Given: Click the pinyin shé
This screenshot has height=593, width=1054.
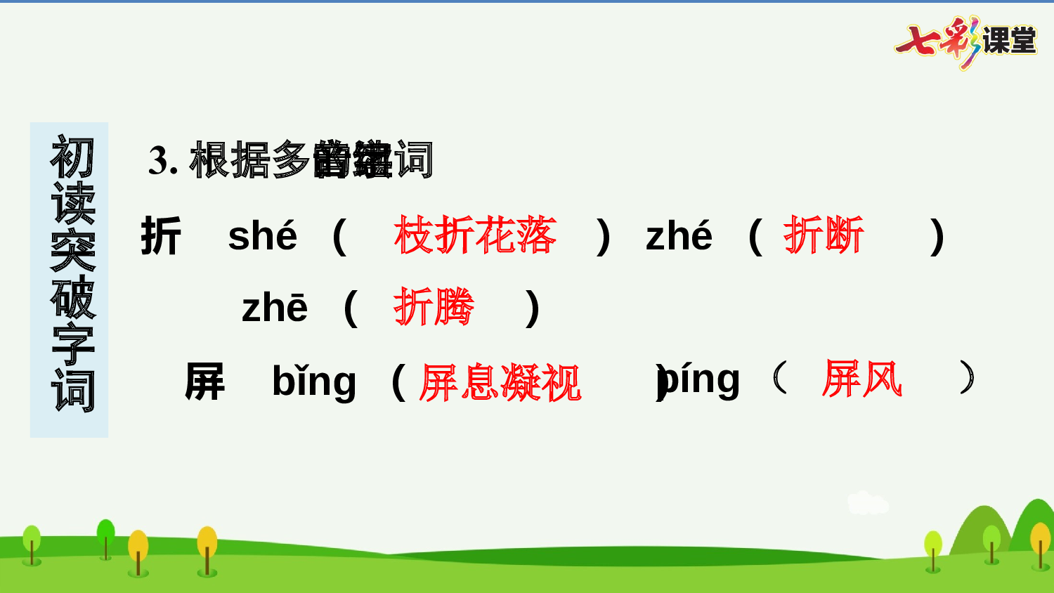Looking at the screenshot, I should (x=263, y=236).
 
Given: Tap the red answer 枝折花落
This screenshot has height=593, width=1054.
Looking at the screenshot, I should (x=476, y=235).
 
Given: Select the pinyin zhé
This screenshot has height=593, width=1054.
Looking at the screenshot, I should (x=679, y=236).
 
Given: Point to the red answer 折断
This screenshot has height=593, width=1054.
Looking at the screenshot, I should (x=824, y=235).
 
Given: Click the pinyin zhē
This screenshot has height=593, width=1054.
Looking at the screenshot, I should (x=275, y=308).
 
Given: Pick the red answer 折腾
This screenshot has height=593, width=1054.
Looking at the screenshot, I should (x=434, y=307).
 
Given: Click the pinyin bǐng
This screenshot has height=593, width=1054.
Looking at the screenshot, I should (x=314, y=382).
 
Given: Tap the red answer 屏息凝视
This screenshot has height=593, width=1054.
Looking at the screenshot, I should (x=500, y=383).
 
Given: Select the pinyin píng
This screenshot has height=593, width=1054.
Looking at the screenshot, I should (x=701, y=380).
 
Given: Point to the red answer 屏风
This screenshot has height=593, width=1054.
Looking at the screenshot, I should (x=862, y=379).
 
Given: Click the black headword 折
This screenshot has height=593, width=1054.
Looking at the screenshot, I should (x=161, y=236).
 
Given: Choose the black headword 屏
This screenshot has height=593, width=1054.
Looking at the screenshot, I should (x=204, y=382).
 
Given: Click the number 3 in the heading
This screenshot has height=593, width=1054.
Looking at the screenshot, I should (x=159, y=161).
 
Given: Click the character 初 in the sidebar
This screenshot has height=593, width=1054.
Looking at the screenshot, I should (x=72, y=157).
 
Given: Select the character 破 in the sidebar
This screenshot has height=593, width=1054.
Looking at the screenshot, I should (x=72, y=297).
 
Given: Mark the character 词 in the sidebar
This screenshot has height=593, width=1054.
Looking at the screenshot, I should (x=72, y=391).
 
